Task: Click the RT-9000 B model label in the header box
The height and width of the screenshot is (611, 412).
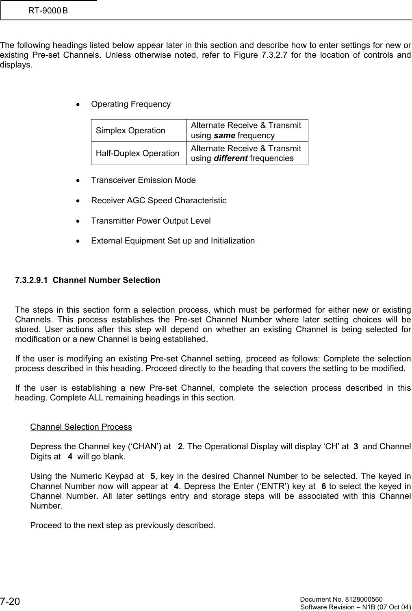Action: (x=48, y=10)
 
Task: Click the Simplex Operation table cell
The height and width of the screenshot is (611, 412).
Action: (x=130, y=130)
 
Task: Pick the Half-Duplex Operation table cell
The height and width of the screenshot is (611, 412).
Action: (x=138, y=153)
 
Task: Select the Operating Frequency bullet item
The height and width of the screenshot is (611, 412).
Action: (x=131, y=104)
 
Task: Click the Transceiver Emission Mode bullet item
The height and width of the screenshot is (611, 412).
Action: (x=143, y=180)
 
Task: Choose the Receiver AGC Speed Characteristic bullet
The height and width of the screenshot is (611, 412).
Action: (x=158, y=200)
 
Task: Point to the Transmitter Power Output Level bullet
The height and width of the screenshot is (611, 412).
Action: (x=151, y=221)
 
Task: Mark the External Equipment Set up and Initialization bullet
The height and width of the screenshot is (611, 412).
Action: (x=173, y=241)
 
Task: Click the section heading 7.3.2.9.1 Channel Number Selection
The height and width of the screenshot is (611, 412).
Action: (x=87, y=280)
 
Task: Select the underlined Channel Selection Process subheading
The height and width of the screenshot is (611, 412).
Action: (x=81, y=427)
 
